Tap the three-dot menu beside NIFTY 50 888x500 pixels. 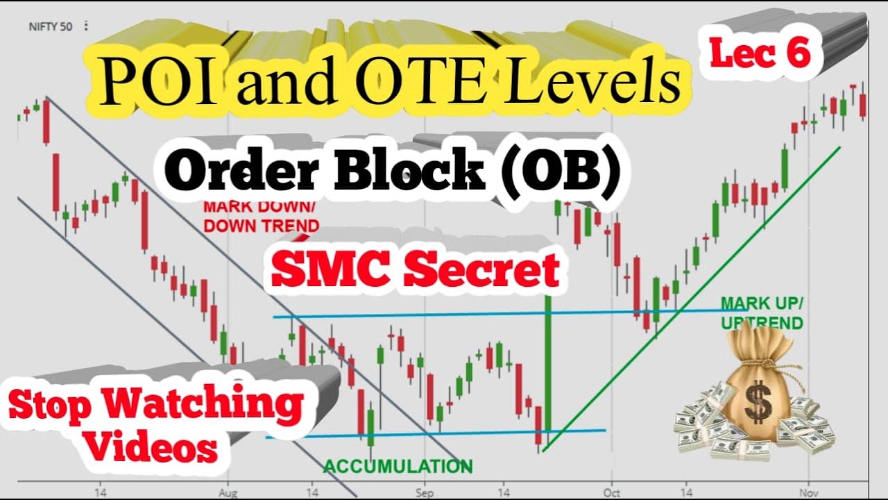(86, 26)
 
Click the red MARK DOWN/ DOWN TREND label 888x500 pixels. (260, 216)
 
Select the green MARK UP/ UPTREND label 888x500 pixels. (761, 312)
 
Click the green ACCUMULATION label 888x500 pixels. (398, 466)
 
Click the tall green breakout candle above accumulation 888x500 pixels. (548, 368)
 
